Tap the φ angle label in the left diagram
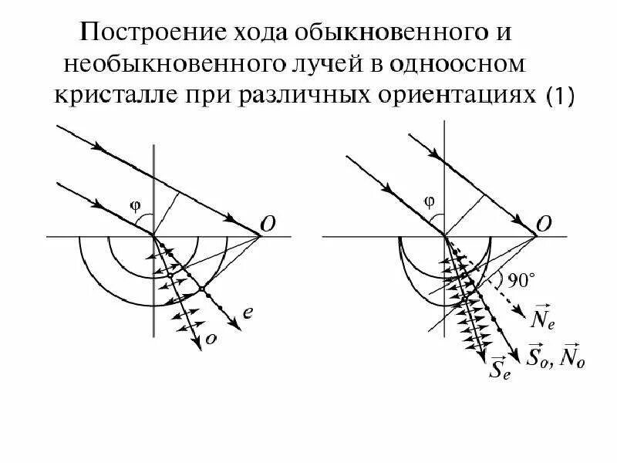pos(136,204)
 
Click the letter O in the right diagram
pos(543,223)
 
